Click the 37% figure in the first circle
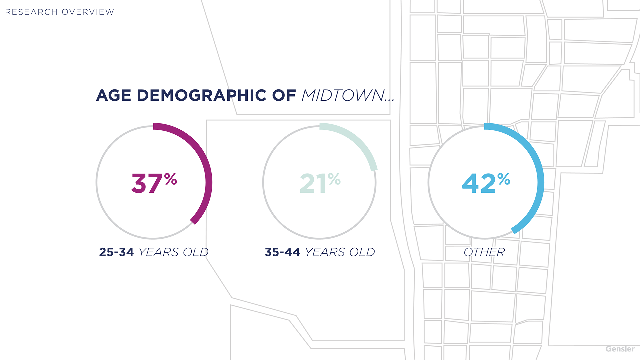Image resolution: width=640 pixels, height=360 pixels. point(154,183)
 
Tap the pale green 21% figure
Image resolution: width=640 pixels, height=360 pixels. point(320,183)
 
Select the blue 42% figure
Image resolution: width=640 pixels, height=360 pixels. point(486,183)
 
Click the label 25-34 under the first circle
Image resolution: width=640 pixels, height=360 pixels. point(116,252)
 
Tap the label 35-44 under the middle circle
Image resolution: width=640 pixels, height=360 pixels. point(282,252)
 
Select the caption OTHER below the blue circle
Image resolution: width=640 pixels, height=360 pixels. point(484,252)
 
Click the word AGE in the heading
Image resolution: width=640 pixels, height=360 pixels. point(113,95)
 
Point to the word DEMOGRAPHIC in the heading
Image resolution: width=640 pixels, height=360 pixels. point(202,95)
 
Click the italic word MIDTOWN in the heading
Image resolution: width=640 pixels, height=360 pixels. point(343,95)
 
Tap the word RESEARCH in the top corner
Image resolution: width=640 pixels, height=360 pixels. point(31,12)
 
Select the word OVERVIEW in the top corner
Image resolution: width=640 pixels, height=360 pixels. point(88,12)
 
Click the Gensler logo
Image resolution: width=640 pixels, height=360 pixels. point(620,349)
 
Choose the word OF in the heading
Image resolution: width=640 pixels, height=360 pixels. point(284,95)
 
